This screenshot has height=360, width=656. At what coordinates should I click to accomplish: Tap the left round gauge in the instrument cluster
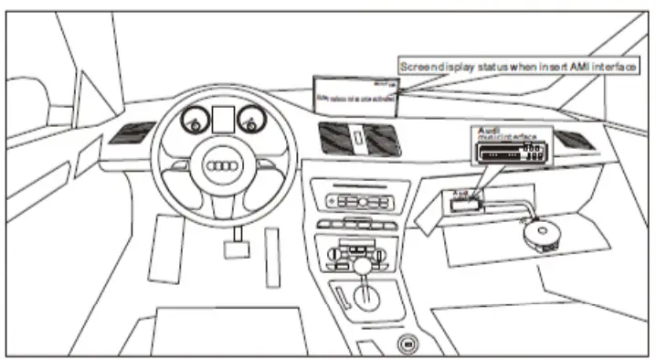click(194, 120)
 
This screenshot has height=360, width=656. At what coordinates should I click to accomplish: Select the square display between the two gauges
click(222, 118)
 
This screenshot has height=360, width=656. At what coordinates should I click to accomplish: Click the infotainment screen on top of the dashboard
click(355, 94)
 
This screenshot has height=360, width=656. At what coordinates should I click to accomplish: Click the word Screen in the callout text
click(419, 67)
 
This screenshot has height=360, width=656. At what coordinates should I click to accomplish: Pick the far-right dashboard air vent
click(573, 140)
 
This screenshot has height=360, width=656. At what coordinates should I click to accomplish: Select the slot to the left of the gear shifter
click(339, 298)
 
